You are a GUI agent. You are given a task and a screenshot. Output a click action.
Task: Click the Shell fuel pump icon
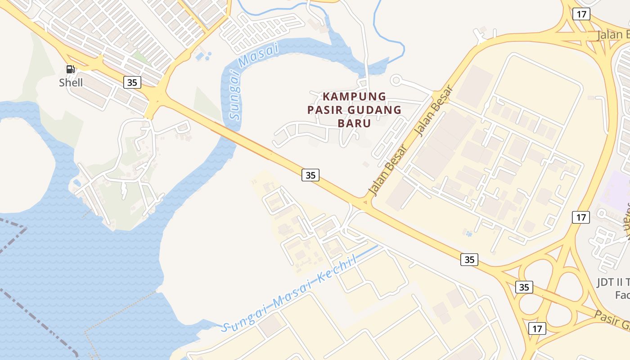(70, 69)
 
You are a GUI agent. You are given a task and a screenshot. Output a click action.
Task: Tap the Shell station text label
(71, 82)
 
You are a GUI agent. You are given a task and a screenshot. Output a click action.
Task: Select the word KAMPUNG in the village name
(354, 96)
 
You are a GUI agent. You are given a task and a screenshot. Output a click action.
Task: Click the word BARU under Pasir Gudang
(354, 123)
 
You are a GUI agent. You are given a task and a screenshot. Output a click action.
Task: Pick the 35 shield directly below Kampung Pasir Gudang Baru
(310, 175)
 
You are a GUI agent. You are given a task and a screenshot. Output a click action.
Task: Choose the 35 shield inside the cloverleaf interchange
(524, 287)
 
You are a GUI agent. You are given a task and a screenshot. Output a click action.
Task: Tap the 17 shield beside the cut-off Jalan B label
(581, 14)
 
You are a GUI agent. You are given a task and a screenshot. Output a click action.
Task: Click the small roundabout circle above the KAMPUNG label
(396, 81)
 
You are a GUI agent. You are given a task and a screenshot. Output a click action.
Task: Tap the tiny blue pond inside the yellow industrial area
(469, 234)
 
